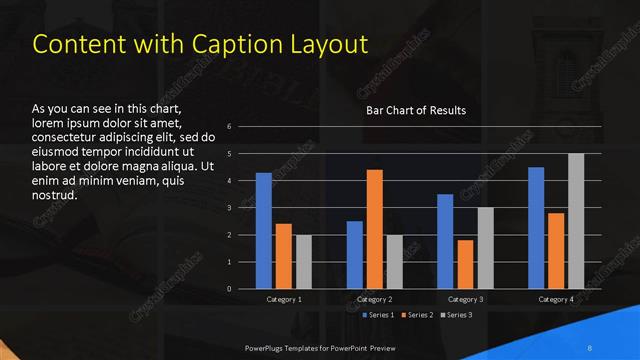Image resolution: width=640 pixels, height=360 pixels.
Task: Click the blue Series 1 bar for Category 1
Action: click(x=264, y=231)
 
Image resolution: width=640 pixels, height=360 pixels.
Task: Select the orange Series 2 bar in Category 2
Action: click(x=375, y=229)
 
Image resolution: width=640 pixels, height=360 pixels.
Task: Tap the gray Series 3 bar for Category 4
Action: click(x=576, y=221)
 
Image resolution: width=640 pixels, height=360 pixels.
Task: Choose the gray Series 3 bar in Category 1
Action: click(x=303, y=262)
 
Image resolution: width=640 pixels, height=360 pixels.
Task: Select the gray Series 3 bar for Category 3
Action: click(x=485, y=248)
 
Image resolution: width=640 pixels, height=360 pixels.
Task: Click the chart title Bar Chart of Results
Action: click(x=416, y=109)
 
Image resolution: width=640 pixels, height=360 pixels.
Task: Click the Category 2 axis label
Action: click(x=375, y=300)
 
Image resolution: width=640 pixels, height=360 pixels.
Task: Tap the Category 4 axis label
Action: click(x=556, y=300)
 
